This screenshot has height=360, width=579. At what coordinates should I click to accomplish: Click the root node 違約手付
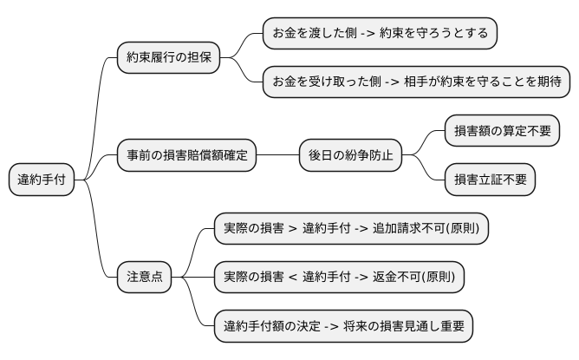click(41, 180)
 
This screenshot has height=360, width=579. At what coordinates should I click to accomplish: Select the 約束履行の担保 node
click(168, 59)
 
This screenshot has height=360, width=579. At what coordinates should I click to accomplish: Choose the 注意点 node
click(145, 278)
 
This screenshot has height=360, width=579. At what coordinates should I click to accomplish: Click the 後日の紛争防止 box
click(350, 156)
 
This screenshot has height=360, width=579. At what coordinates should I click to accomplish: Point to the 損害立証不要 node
click(490, 180)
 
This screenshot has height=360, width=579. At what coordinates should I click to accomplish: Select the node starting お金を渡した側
click(380, 35)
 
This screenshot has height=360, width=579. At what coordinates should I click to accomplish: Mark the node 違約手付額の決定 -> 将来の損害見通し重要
click(344, 326)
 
